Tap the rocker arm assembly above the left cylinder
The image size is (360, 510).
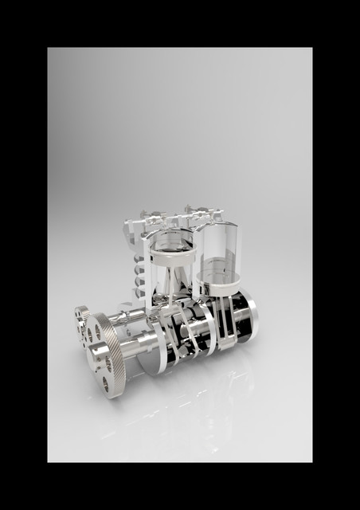[151, 217]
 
